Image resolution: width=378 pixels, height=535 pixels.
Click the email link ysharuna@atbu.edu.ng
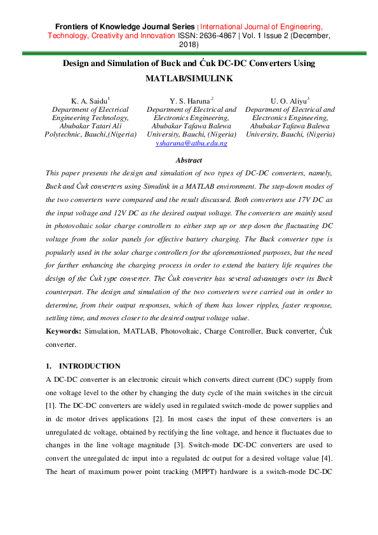point(191,144)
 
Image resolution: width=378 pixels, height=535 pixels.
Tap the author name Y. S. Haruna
point(189,100)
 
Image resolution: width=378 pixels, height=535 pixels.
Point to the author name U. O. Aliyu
point(288,100)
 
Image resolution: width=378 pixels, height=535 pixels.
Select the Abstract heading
point(189,161)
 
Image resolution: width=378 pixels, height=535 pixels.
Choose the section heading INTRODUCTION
point(90,366)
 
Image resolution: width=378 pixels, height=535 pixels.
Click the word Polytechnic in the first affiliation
point(62,134)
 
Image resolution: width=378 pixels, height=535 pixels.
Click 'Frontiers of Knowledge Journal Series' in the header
point(126,27)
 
